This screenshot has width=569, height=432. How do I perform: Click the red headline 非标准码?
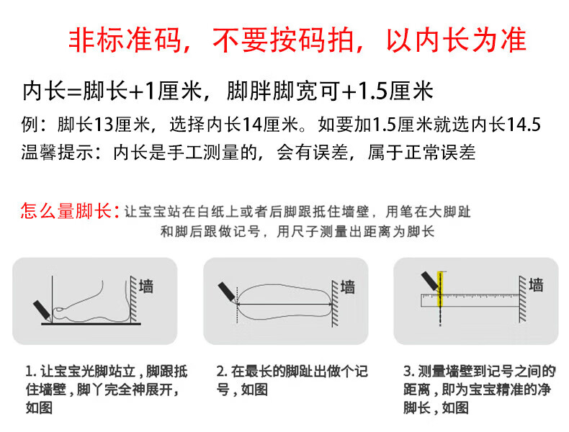pos(125,40)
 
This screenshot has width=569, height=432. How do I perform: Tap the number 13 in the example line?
pos(104,125)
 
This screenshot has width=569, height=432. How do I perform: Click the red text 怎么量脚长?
pos(66,211)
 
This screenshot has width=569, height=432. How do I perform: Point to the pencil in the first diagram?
pos(42,311)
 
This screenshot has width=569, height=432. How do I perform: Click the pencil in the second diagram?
pos(227,292)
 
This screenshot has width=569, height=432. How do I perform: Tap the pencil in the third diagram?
pos(431,282)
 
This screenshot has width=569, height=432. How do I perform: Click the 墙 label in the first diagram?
pos(146,286)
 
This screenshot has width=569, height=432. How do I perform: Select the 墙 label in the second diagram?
pos(348,287)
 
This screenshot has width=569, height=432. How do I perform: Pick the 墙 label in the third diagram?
pos(536,285)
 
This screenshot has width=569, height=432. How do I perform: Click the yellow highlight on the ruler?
pos(440,289)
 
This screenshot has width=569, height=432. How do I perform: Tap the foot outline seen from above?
pos(284,302)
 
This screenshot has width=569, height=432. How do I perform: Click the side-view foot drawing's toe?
pos(59,310)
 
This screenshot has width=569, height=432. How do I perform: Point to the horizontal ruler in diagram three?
pos(470,300)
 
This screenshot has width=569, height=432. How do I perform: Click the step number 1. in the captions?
pos(31,372)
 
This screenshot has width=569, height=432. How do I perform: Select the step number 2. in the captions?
pos(222,372)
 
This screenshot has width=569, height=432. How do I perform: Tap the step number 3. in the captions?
pos(409,372)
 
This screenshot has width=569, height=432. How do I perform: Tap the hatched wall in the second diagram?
pos(335,303)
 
